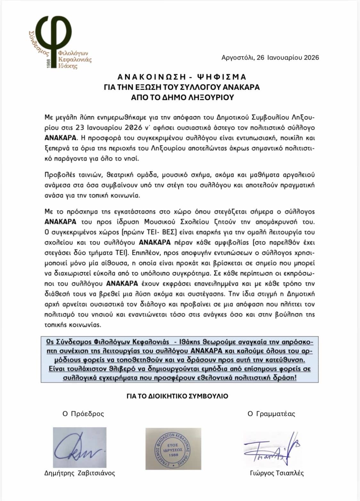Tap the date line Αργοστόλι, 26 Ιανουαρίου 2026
click(270, 58)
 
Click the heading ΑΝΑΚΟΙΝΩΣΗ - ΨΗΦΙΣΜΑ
click(182, 77)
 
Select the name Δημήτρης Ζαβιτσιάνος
click(79, 473)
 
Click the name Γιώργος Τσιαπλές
click(277, 473)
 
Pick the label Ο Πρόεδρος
click(83, 414)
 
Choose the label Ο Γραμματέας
click(271, 414)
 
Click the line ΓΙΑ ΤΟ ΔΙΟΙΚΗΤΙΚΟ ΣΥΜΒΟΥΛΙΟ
click(177, 396)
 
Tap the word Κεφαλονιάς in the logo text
click(75, 60)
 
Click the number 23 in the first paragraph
click(79, 128)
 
